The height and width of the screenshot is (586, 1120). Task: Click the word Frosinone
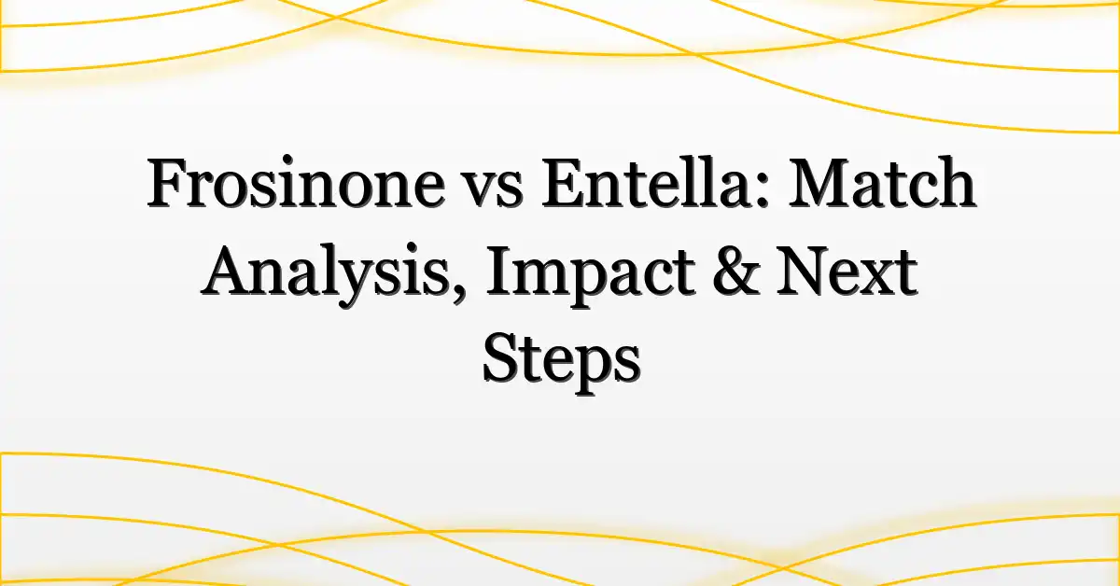pos(296,183)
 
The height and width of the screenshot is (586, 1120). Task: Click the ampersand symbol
pos(735,271)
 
